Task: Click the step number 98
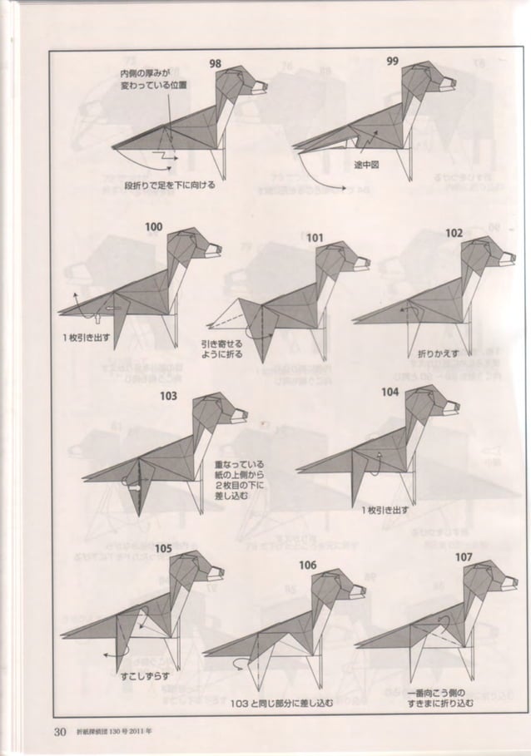[x=215, y=63]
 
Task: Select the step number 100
[x=154, y=226]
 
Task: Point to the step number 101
[x=314, y=238]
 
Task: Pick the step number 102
[x=453, y=234]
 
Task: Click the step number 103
[x=169, y=396]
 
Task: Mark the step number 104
[x=390, y=391]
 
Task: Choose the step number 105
[x=163, y=548]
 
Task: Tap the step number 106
[x=307, y=565]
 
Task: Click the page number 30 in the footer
[x=60, y=732]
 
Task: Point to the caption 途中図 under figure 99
[x=367, y=165]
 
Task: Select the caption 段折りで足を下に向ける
[x=170, y=185]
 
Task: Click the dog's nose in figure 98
[x=266, y=84]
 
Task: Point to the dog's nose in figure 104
[x=457, y=406]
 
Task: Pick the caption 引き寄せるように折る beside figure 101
[x=222, y=348]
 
